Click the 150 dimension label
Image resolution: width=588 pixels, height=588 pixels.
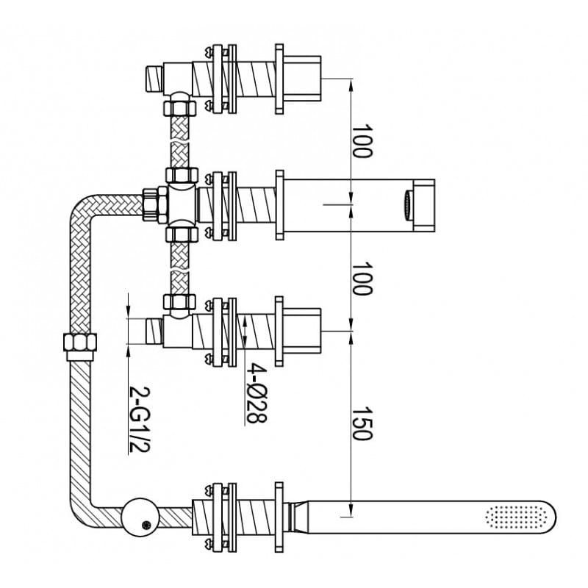click(362, 423)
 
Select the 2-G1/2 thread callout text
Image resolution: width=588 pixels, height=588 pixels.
click(139, 420)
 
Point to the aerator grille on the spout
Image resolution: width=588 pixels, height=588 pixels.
click(408, 205)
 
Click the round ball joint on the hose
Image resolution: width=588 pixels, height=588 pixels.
click(140, 517)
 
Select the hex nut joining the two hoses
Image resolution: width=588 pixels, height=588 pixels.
click(80, 342)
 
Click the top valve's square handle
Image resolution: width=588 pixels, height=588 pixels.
click(302, 79)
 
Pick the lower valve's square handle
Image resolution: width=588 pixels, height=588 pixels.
click(302, 331)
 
